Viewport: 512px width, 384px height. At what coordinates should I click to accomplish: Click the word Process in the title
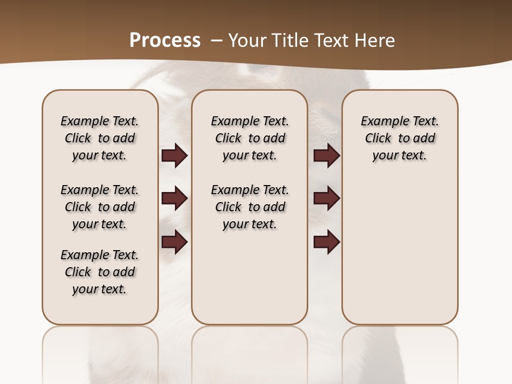tap(165, 41)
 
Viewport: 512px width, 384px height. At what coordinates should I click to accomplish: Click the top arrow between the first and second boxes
tap(174, 156)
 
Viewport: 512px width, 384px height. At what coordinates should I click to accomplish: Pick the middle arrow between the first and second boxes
tap(174, 199)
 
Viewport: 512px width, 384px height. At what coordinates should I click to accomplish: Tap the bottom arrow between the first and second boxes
tap(174, 242)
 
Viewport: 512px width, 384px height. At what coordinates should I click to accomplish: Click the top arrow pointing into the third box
tap(326, 156)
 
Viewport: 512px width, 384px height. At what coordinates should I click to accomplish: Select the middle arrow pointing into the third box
tap(326, 199)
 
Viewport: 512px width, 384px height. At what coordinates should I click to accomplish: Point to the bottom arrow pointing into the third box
tap(326, 242)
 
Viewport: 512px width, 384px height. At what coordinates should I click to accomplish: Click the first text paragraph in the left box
tap(100, 138)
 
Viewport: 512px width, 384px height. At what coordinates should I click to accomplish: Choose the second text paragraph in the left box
tap(100, 207)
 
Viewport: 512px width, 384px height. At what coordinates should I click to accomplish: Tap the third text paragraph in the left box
tap(100, 272)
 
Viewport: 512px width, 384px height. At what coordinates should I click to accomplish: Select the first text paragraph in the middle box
tap(250, 138)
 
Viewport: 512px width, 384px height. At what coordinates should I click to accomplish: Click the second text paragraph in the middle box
tap(250, 207)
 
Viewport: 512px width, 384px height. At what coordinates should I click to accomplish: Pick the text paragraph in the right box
tap(400, 138)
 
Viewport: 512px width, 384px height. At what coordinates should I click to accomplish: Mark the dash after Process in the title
tap(217, 41)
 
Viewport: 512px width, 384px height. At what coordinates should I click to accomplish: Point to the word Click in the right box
tap(378, 139)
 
